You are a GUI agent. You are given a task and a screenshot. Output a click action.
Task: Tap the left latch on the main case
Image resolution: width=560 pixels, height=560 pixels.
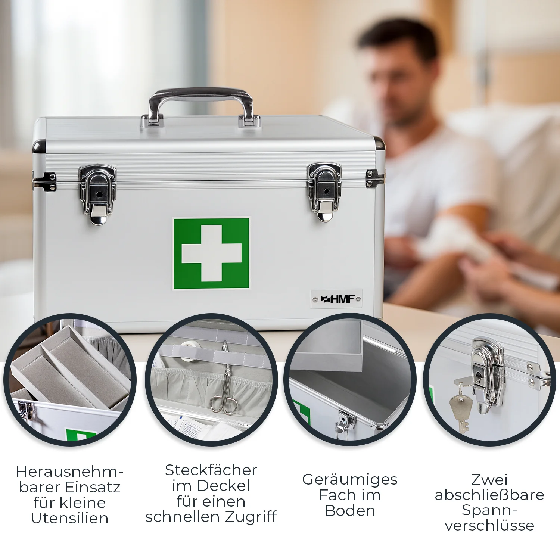click(97, 195)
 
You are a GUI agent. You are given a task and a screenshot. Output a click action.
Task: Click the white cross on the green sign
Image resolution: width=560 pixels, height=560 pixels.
click(211, 253)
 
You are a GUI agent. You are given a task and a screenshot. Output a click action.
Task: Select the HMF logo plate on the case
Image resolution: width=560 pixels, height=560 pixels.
click(336, 299)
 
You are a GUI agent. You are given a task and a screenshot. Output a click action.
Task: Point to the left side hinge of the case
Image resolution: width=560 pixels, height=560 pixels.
click(44, 182)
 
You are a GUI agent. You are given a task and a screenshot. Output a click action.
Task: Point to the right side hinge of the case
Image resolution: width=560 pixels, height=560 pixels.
click(375, 178)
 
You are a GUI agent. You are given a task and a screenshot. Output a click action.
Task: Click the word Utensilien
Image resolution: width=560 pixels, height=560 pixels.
click(70, 518)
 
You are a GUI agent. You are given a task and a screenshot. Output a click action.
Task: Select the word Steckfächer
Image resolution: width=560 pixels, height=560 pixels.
click(211, 470)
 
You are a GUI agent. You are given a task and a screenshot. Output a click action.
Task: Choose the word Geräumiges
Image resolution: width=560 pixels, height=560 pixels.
click(350, 480)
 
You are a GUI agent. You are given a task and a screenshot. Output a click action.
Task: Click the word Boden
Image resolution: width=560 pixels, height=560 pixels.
click(350, 511)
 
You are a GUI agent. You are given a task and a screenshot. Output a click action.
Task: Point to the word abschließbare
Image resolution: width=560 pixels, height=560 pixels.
click(489, 495)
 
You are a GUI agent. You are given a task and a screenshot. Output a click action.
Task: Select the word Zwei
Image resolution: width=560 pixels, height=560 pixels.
click(489, 479)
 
